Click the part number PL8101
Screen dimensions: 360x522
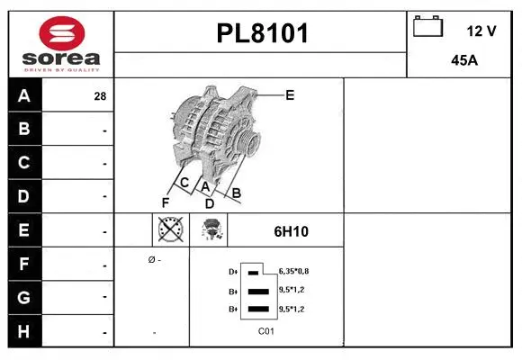pyautogui.click(x=262, y=34)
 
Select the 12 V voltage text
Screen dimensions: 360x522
pyautogui.click(x=481, y=31)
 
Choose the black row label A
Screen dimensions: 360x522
pyautogui.click(x=24, y=95)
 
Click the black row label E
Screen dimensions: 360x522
pyautogui.click(x=24, y=230)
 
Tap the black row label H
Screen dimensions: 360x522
pyautogui.click(x=24, y=331)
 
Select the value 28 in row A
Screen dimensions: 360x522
pyautogui.click(x=100, y=96)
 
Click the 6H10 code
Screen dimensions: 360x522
pyautogui.click(x=291, y=231)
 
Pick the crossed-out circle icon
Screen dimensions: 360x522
pyautogui.click(x=169, y=230)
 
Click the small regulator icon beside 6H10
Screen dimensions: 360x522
pyautogui.click(x=214, y=230)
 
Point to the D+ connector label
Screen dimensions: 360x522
pyautogui.click(x=232, y=271)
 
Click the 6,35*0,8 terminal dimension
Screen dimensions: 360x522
pyautogui.click(x=293, y=271)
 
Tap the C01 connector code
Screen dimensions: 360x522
pyautogui.click(x=265, y=331)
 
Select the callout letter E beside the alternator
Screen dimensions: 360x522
pyautogui.click(x=290, y=94)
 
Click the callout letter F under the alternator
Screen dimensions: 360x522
pyautogui.click(x=166, y=202)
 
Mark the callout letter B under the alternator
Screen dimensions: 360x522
pyautogui.click(x=237, y=192)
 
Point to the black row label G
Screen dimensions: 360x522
pyautogui.click(x=24, y=297)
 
